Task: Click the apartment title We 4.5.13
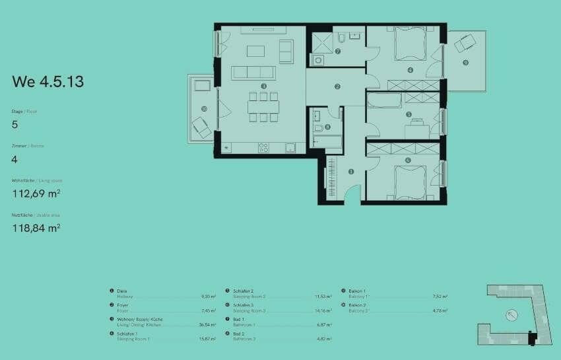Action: point(48,82)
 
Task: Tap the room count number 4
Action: point(15,159)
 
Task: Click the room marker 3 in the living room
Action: point(263,86)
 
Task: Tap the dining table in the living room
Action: point(263,106)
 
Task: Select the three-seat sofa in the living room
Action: point(253,72)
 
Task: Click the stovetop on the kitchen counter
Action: point(263,147)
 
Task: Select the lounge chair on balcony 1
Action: point(466,43)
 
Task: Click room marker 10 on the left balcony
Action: point(205,109)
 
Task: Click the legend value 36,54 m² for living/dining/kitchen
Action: point(208,325)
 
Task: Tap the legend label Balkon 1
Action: point(356,291)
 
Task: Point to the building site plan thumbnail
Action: point(512,313)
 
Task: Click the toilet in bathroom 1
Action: point(318,128)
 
